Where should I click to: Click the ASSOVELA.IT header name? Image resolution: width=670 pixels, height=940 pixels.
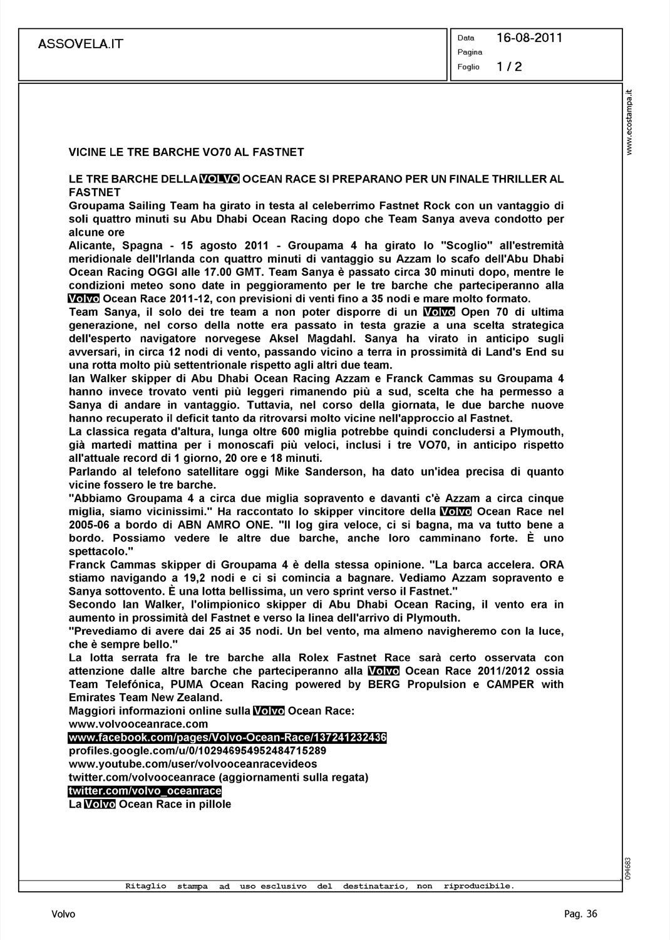81,44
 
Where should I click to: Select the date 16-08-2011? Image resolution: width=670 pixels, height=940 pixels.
529,38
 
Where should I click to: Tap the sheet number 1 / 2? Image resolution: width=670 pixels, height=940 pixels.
509,66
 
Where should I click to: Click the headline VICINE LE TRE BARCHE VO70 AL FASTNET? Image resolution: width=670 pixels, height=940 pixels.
186,152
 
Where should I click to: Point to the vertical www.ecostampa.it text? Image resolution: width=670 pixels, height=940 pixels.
631,122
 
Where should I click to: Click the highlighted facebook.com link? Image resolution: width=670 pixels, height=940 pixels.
227,738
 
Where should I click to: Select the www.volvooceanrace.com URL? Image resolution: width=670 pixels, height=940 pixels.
138,724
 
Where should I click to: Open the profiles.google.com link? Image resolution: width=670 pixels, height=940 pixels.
197,751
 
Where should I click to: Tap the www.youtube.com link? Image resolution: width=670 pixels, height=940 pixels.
193,764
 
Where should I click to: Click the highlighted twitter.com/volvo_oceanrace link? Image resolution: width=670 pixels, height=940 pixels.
145,791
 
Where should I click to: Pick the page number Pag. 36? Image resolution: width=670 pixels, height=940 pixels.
580,914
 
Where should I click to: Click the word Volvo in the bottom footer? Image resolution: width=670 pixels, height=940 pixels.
63,914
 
